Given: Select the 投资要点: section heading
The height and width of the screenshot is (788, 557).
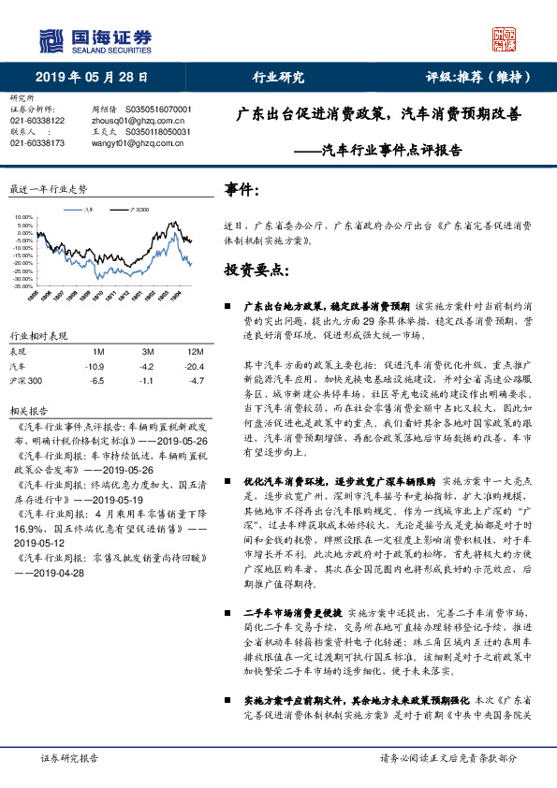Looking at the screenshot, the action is [256, 270].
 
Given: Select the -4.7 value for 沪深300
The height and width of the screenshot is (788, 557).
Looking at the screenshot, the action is [196, 381].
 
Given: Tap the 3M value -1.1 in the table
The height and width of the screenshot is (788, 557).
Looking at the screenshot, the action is [146, 381].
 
